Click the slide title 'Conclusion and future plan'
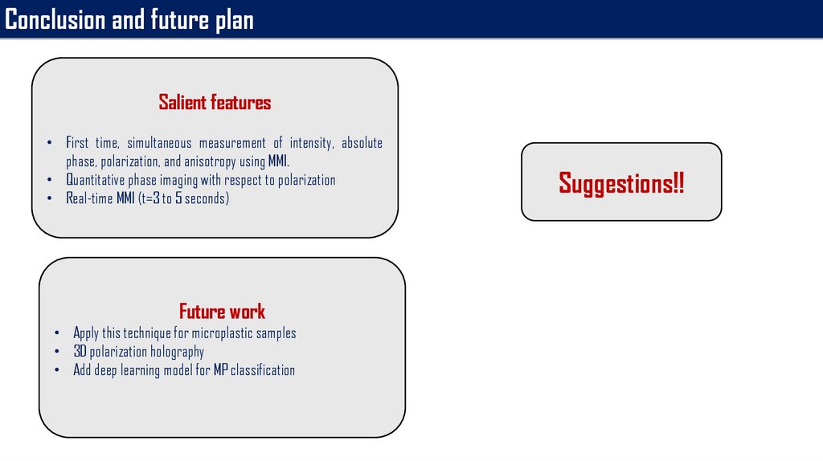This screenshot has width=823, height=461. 129,20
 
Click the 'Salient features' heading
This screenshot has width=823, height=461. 215,102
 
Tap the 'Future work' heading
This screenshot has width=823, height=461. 222,312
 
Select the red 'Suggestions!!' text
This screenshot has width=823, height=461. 621,184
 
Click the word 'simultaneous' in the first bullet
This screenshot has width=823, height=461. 160,143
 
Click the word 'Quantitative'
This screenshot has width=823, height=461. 96,180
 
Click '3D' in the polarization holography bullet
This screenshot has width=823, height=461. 80,352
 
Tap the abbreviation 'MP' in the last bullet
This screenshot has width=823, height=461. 220,370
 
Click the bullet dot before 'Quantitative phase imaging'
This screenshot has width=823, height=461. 49,180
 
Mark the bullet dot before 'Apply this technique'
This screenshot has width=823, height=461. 57,333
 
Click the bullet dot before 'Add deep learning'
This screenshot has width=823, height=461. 57,370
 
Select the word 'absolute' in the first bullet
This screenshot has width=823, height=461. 362,143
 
